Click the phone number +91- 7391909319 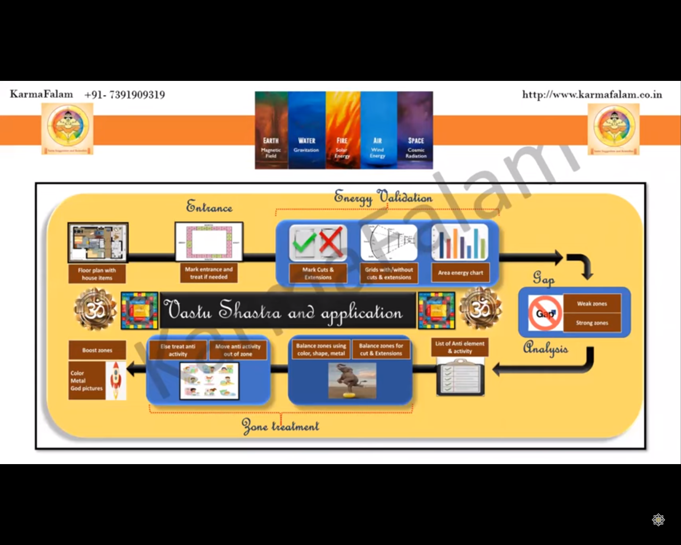124,95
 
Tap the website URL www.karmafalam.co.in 592,95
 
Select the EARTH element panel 271,130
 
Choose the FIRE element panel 343,130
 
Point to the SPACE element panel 416,130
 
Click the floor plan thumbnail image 98,242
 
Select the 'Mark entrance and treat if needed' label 209,273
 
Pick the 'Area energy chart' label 460,272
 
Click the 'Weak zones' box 592,303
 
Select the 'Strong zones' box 592,323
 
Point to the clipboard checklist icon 460,376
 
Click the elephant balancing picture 352,380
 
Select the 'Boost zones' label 97,350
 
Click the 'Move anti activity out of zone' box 238,350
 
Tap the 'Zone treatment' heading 280,426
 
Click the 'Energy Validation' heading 383,197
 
